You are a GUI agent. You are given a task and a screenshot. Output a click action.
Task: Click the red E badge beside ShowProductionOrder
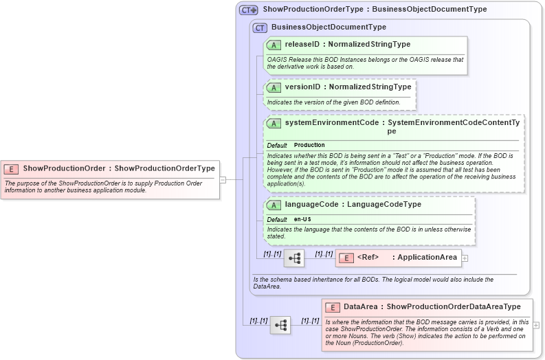(12, 168)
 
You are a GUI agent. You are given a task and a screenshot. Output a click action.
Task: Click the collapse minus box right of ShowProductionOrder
(223, 180)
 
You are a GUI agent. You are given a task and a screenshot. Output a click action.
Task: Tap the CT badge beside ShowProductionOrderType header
(248, 10)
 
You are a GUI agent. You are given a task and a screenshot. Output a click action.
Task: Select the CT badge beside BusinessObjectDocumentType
(260, 27)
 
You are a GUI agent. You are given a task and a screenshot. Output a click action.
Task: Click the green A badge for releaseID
(274, 45)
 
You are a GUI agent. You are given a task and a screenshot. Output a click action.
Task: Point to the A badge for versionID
(274, 87)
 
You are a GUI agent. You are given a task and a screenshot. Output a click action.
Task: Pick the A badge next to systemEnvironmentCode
(274, 123)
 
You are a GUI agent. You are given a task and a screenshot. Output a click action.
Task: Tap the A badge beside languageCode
(274, 205)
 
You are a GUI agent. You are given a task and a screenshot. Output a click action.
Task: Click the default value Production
(309, 146)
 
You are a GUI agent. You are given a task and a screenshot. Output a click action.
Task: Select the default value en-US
(302, 219)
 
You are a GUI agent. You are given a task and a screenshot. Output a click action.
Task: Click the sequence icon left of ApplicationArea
(294, 258)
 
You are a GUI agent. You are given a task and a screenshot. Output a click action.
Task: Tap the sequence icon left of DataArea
(280, 325)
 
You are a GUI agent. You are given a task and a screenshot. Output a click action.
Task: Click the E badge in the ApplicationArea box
(346, 258)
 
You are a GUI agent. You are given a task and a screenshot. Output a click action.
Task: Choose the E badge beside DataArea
(333, 307)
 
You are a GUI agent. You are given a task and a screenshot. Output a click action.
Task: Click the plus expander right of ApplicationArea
(465, 258)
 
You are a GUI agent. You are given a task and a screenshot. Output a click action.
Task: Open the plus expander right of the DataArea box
(536, 325)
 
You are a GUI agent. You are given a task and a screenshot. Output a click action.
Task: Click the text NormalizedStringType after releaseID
(369, 45)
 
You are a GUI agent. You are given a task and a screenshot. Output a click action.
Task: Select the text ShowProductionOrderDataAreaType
(454, 307)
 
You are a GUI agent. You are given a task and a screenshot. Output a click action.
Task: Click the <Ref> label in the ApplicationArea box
(368, 258)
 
